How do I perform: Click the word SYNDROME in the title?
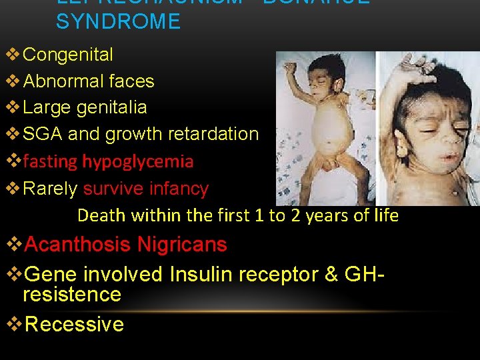coord(118,21)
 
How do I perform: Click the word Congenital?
coord(68,55)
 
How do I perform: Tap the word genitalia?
coord(112,107)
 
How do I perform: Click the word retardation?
coord(215,134)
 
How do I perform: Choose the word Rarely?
coord(50,189)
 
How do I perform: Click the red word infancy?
coord(180,189)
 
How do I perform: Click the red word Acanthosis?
coord(77,245)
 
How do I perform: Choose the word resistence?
coord(72,294)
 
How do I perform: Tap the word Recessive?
coord(73,324)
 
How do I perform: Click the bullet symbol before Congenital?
coord(13,55)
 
